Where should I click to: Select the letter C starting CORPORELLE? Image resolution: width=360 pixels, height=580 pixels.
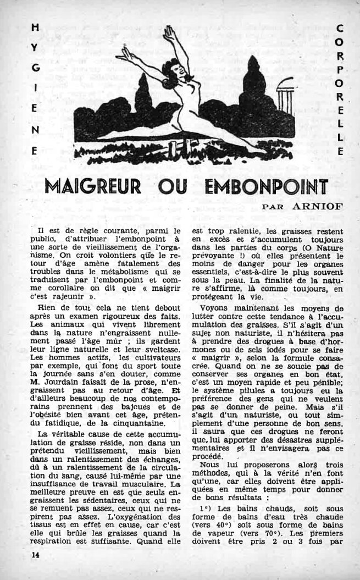point(339,27)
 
